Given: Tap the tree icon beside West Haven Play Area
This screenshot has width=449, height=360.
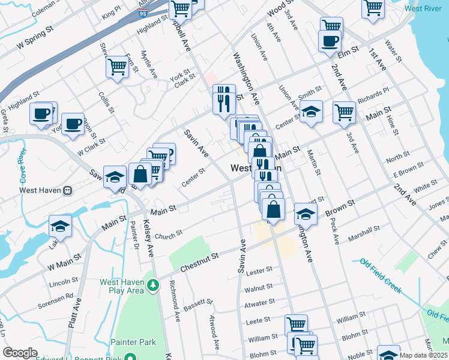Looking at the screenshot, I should pyautogui.click(x=153, y=286).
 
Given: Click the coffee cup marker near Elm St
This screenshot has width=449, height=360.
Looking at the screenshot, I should pyautogui.click(x=330, y=41).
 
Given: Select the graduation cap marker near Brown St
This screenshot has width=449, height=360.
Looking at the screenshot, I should pyautogui.click(x=306, y=214).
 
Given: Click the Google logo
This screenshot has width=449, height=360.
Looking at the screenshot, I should pyautogui.click(x=20, y=353).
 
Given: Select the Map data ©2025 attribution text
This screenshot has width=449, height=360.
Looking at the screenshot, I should pyautogui.click(x=423, y=355).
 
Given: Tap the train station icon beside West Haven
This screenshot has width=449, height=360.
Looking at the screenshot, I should pyautogui.click(x=67, y=190).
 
